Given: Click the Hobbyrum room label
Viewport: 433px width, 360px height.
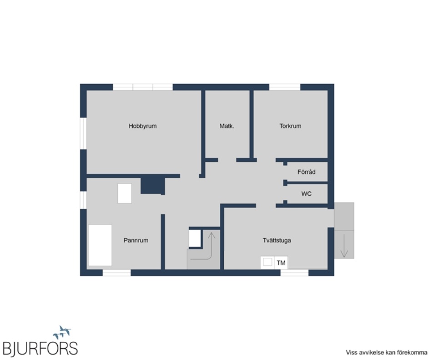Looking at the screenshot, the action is point(142,126).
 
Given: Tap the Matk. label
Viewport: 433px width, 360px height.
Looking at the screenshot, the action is point(227,126).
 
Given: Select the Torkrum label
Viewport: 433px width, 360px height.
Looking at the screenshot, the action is point(290,126).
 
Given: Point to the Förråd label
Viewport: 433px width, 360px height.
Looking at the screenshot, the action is point(306,172).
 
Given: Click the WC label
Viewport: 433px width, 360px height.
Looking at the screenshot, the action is point(306,194).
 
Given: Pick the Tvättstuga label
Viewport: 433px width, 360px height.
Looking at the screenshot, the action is point(277,240).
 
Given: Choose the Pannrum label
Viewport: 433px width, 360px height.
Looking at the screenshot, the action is point(136,240).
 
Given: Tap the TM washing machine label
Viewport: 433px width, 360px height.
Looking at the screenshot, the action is point(281,263).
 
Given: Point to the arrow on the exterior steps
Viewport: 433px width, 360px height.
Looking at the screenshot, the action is point(344,246).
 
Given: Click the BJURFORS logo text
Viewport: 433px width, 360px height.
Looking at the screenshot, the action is point(40,348).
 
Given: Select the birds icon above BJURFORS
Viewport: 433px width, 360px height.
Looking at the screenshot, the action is point(62,332).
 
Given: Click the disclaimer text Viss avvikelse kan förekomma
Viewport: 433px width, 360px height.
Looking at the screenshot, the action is point(386,353).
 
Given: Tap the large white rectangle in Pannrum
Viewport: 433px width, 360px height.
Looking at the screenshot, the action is point(100,245).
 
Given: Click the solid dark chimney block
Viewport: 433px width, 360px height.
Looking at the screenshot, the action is point(153,186).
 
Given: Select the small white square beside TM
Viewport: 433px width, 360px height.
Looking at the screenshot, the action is point(267,262).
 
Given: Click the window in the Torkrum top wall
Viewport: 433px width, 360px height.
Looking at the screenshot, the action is point(285,87).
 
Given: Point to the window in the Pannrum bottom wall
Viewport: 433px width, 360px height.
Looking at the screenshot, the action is point(116,273).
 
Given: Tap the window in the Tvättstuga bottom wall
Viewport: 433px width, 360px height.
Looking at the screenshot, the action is point(294,273).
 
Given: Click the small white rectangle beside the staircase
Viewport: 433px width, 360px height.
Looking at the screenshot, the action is point(195,238).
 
